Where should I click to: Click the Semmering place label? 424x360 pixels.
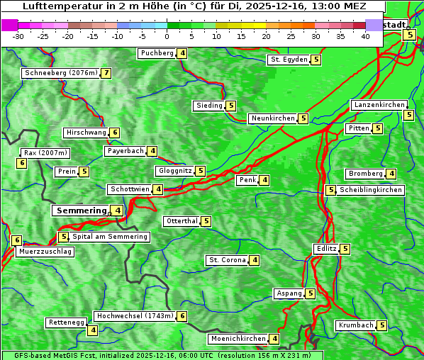click(80, 210)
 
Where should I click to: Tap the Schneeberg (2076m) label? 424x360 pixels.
click(60, 73)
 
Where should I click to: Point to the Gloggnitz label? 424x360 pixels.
click(174, 171)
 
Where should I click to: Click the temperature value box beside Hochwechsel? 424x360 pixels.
click(182, 316)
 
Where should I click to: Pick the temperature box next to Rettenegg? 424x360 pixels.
click(92, 330)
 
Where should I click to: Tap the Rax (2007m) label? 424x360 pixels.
click(45, 152)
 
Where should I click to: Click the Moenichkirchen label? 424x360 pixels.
click(238, 339)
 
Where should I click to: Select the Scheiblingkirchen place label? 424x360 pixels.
click(371, 190)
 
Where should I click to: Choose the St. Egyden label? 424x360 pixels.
click(289, 60)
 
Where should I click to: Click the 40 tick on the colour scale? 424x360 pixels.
click(365, 36)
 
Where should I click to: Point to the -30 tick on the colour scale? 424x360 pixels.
click(18, 36)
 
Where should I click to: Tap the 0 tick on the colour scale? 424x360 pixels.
click(167, 36)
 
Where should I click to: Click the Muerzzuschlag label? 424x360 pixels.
click(45, 252)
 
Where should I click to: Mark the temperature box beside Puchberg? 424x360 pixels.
click(182, 53)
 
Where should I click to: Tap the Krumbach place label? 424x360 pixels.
click(355, 325)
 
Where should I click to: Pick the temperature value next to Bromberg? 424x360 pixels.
click(391, 174)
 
